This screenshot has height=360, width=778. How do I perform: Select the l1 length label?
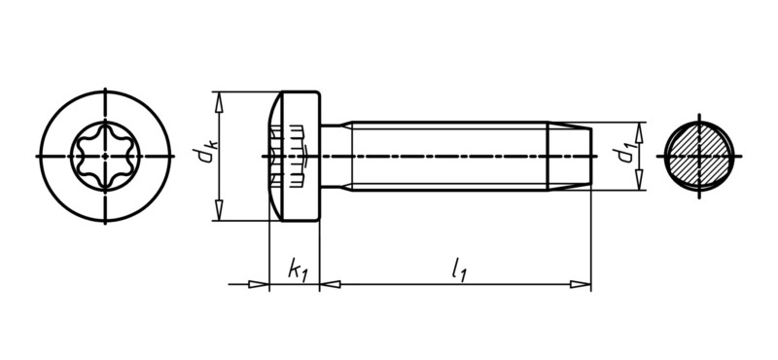click(458, 271)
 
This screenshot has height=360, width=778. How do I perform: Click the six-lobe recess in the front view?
click(105, 157)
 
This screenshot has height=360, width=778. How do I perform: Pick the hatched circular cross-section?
click(699, 156)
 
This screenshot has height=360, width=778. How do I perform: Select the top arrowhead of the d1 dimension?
click(640, 132)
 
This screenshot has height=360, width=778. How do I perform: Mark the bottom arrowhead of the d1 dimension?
click(640, 180)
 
